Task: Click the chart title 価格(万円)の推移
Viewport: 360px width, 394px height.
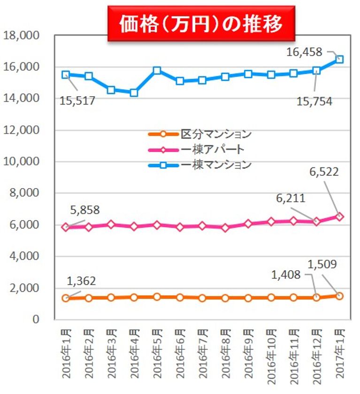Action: coord(201,23)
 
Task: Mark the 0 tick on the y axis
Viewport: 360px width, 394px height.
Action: coord(35,319)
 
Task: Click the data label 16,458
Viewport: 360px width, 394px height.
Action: coord(305,52)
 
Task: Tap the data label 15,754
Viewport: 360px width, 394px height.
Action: coord(314,100)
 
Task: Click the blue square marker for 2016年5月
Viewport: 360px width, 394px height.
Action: coord(157,71)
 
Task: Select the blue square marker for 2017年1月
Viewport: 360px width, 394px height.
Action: coord(339,60)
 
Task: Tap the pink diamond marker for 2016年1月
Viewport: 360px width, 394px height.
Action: coord(66,227)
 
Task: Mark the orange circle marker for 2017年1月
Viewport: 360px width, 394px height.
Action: coord(339,295)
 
